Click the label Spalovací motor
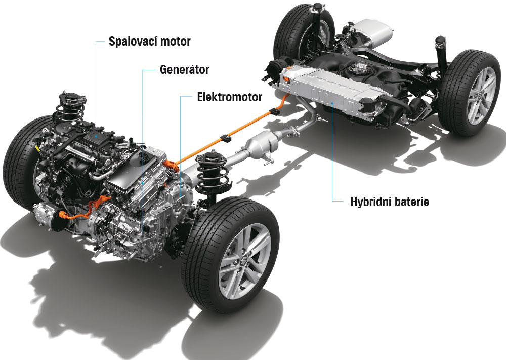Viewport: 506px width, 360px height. [149, 42]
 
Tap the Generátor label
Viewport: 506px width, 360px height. [184, 69]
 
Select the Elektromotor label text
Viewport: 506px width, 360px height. [229, 97]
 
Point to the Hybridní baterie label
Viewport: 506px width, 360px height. [390, 202]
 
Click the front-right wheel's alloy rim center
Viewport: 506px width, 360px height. [244, 262]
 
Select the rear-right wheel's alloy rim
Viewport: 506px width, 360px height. [481, 96]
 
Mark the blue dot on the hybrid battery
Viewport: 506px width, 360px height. [332, 104]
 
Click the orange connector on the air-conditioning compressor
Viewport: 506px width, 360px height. [62, 214]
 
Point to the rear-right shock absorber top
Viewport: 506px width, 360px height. [441, 42]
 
